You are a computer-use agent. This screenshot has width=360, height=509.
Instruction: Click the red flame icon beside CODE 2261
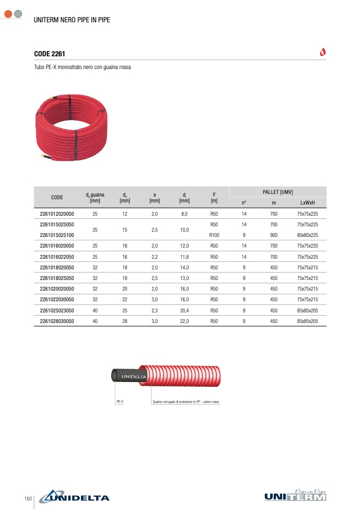323,52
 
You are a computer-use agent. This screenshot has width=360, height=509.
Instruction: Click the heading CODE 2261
49,54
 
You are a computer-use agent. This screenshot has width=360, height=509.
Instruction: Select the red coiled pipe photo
71,128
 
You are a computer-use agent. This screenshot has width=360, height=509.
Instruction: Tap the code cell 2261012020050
57,214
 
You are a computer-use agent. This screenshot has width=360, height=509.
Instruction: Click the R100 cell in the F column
214,235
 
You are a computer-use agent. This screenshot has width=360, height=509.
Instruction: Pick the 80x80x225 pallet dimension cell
307,235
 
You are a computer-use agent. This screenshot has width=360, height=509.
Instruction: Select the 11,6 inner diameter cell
184,257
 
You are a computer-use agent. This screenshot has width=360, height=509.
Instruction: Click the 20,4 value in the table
184,310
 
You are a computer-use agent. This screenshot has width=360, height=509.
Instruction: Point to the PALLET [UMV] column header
278,192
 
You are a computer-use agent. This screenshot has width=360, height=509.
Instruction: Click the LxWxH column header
307,202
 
